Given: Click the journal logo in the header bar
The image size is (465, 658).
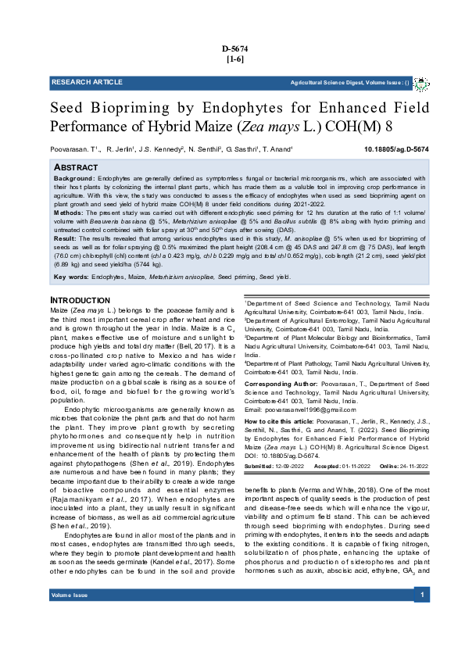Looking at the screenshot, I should pos(420,82).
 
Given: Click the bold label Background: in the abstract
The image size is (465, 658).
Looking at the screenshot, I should pos(74,179).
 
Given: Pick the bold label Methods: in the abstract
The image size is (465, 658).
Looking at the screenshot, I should pos(69,213).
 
